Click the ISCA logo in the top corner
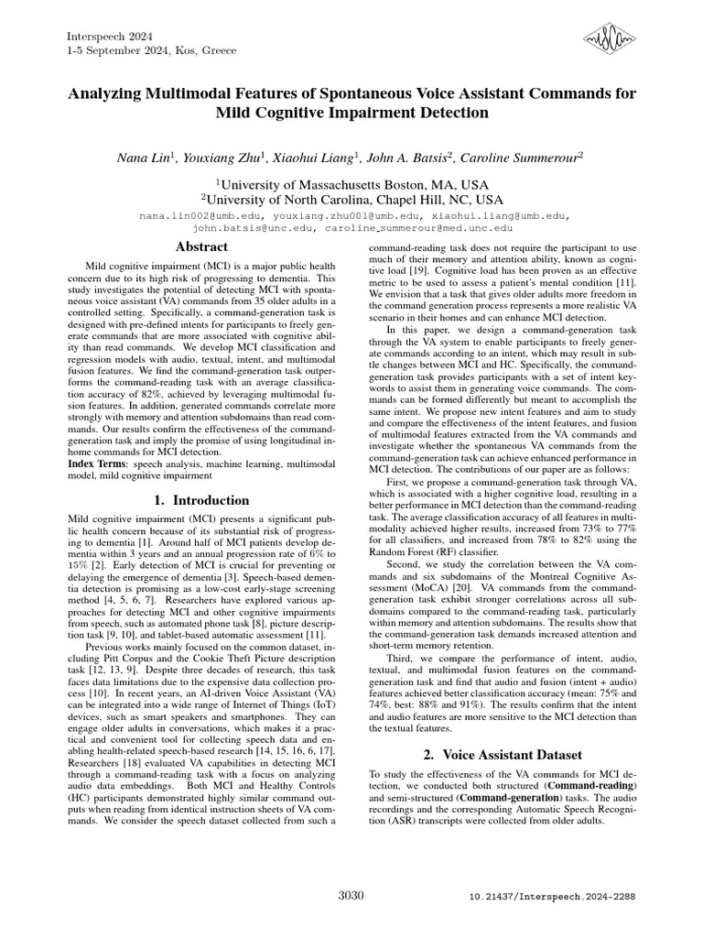[x=609, y=40]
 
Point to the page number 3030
[x=351, y=895]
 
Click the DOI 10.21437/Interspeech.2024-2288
[x=551, y=896]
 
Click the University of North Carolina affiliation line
[x=351, y=199]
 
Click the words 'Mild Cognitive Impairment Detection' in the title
[x=351, y=114]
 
